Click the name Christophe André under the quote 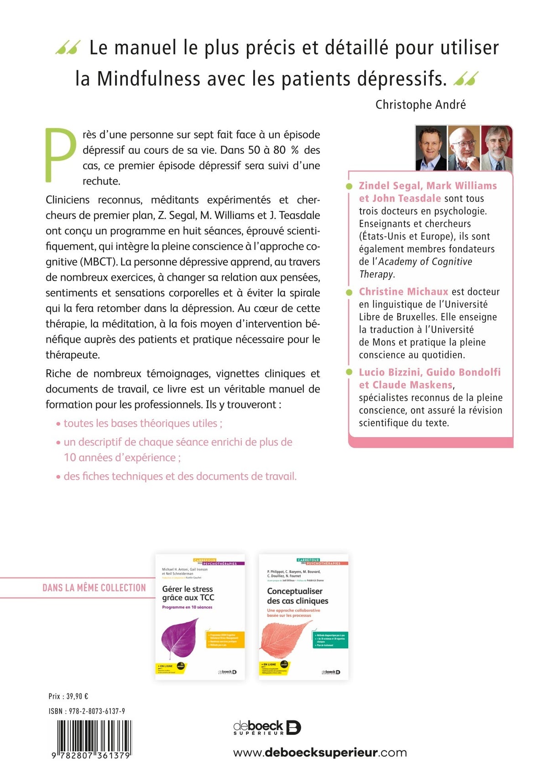pos(420,105)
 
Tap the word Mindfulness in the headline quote pos(148,79)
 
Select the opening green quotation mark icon pos(68,47)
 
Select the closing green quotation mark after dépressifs pos(466,79)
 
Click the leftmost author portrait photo pos(431,148)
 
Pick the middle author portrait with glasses pos(464,148)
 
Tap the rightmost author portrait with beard pos(497,148)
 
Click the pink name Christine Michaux pos(403,292)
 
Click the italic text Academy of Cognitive pos(425,262)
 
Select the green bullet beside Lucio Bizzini pos(349,372)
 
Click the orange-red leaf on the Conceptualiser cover pos(286,638)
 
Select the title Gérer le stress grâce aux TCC pos(188,593)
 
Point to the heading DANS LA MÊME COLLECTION pos(94,588)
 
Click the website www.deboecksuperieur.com pos(320,752)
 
